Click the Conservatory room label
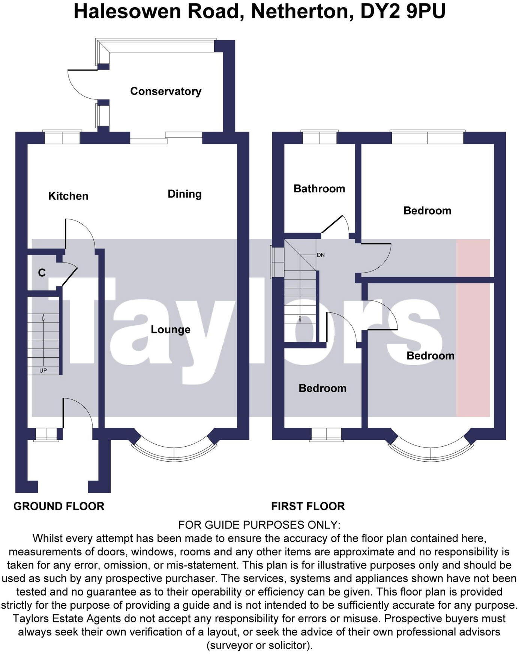(x=165, y=91)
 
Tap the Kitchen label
(x=68, y=196)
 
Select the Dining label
(x=184, y=194)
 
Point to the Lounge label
(x=171, y=330)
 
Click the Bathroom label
(x=319, y=189)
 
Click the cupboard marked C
(x=42, y=273)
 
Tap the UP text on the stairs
(x=43, y=370)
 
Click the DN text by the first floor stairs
(x=321, y=255)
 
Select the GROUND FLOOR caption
(x=59, y=506)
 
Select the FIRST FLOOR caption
(x=308, y=506)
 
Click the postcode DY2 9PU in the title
(x=403, y=11)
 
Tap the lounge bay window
(x=174, y=452)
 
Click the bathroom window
(x=319, y=137)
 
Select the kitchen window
(x=62, y=137)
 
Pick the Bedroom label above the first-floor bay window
(x=430, y=355)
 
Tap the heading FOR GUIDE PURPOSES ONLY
(x=259, y=525)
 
